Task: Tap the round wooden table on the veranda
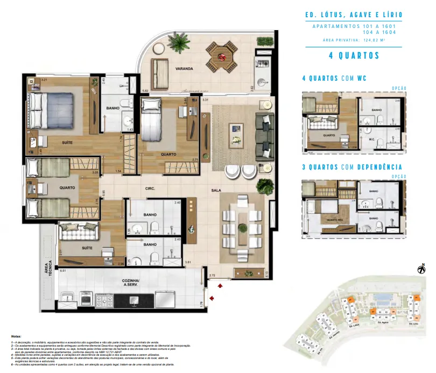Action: point(221,55)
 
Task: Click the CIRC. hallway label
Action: point(150,189)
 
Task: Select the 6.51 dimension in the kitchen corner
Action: point(63,271)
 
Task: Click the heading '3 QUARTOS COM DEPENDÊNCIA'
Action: point(352,167)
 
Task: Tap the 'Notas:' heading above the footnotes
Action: point(16,335)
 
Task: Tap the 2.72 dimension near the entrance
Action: point(213,275)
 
